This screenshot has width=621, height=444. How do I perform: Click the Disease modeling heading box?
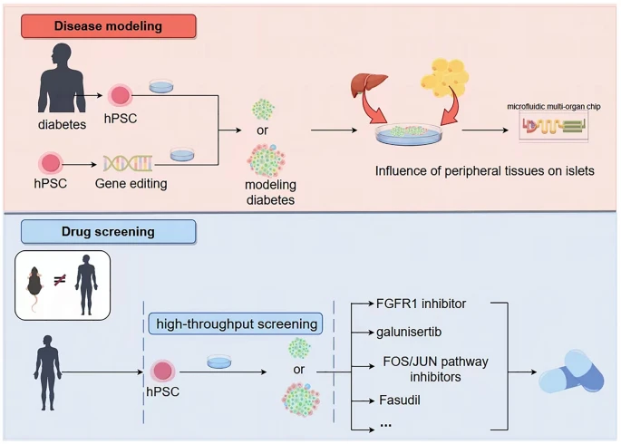[x=107, y=25]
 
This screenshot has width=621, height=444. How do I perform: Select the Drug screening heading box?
[x=107, y=232]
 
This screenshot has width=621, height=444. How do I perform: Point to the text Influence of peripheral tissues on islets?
[x=484, y=169]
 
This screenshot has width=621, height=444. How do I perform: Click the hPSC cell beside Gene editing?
[x=51, y=164]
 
